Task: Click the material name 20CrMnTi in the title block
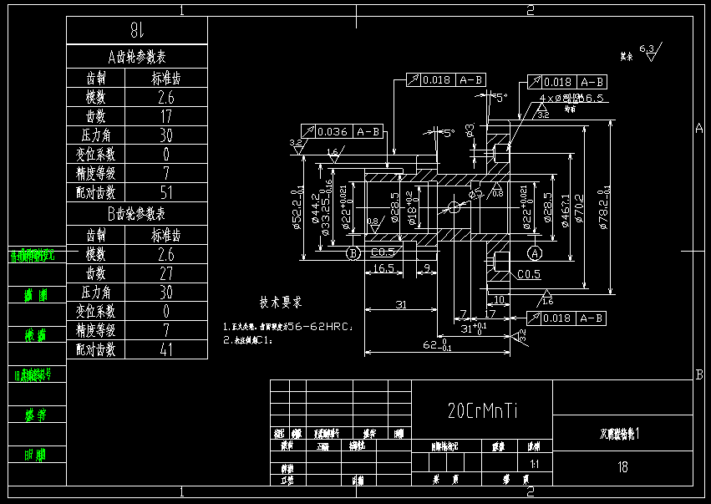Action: pos(482,410)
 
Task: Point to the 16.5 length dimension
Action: pos(383,268)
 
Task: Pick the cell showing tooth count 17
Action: pos(165,116)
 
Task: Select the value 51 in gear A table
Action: pos(165,193)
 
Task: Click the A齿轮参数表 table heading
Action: pos(137,57)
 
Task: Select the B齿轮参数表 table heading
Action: pos(137,214)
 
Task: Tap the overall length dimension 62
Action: pos(433,344)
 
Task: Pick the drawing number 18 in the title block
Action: pos(622,466)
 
